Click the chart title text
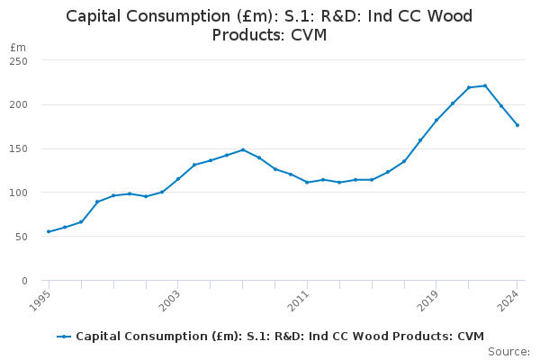[x=269, y=25]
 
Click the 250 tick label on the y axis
[x=18, y=60]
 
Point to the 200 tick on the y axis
[x=18, y=104]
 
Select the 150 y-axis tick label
[x=18, y=148]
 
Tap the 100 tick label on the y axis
[x=18, y=193]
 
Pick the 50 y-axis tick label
[x=21, y=237]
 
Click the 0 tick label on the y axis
[x=24, y=281]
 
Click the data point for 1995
[x=49, y=231]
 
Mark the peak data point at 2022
[x=485, y=85]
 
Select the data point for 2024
[x=517, y=125]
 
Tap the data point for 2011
[x=307, y=183]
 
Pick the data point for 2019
[x=436, y=120]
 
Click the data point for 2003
[x=178, y=179]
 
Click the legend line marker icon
[x=64, y=337]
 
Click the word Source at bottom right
[x=508, y=352]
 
